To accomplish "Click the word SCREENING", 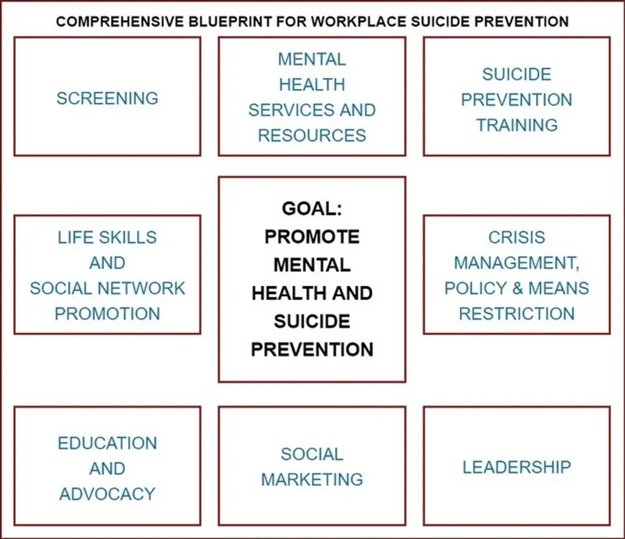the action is coord(107,98).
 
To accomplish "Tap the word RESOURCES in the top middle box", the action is coord(312,136).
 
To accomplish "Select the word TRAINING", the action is coord(517,125).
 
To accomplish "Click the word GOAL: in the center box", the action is coord(312,209).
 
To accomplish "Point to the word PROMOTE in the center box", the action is coord(312,237).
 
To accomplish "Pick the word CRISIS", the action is coord(516,237).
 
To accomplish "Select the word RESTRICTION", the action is coord(516,314).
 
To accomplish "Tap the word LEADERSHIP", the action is coord(516,467).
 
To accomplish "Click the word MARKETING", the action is coord(312,480).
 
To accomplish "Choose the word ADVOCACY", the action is coord(107,494).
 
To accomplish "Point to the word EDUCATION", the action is coord(107,444).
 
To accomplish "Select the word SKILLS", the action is coord(127,237).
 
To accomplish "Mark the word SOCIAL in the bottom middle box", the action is coord(312,455).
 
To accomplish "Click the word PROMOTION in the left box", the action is coord(107,314).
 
